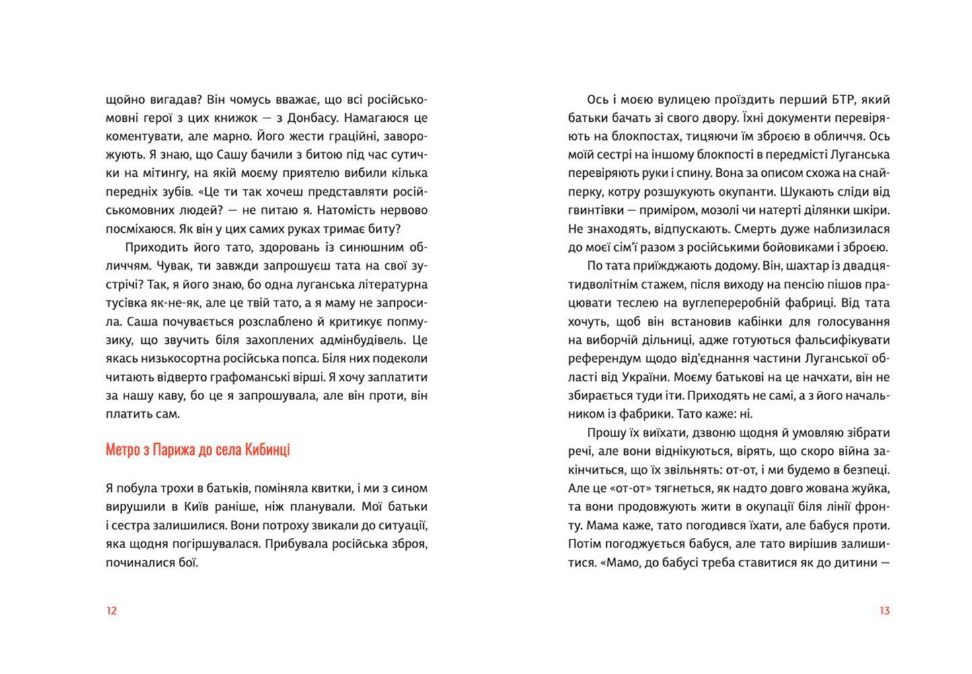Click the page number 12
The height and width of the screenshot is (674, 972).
[x=112, y=611]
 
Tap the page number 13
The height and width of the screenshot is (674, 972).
[x=884, y=611]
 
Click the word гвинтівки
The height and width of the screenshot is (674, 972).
[x=596, y=210]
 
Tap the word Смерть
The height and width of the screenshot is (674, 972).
[x=759, y=229]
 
